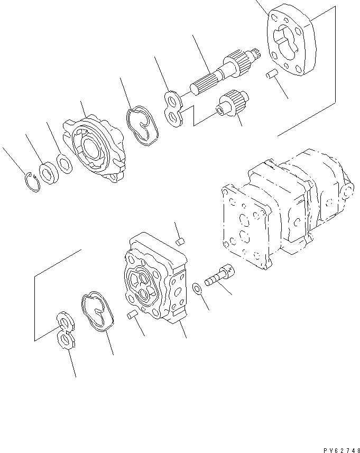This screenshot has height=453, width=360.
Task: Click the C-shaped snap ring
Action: (x=32, y=182)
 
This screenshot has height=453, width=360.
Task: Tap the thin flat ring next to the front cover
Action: (x=64, y=165)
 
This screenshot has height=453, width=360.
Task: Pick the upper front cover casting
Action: (x=96, y=149)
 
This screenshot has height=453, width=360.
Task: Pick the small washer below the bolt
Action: (x=197, y=289)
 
